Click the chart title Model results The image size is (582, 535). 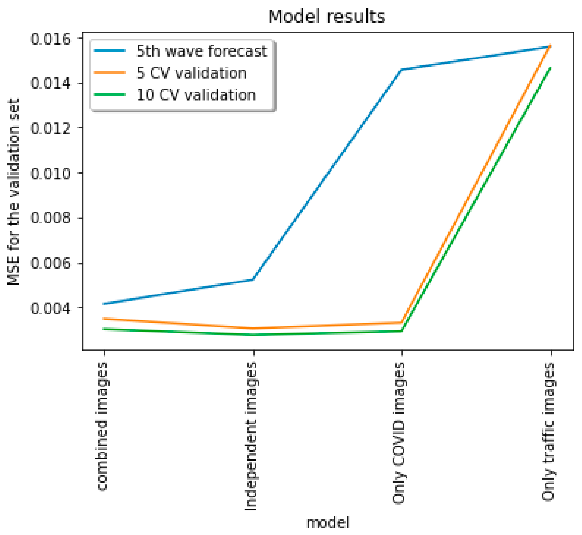coord(327,17)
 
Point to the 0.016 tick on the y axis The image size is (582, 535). coord(51,39)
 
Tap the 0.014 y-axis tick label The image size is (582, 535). coord(51,83)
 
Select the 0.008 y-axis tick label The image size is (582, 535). coord(51,218)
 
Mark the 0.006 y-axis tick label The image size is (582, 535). coord(51,263)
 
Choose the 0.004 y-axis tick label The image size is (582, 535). coord(51,308)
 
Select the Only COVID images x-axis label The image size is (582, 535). coord(399,433)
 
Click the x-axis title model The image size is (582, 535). coord(328,522)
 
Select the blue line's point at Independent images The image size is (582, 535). coord(253,280)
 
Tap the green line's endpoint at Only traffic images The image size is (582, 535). coord(550,68)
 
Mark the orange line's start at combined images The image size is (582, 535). coord(104,319)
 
